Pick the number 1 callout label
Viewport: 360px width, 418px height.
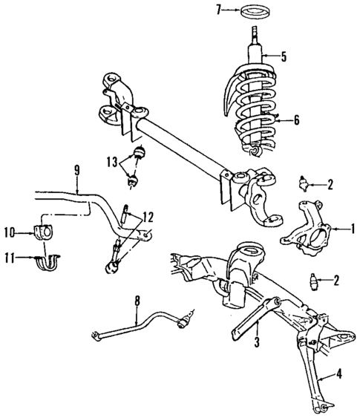coord(353,230)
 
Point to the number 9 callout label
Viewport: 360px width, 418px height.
coord(76,170)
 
